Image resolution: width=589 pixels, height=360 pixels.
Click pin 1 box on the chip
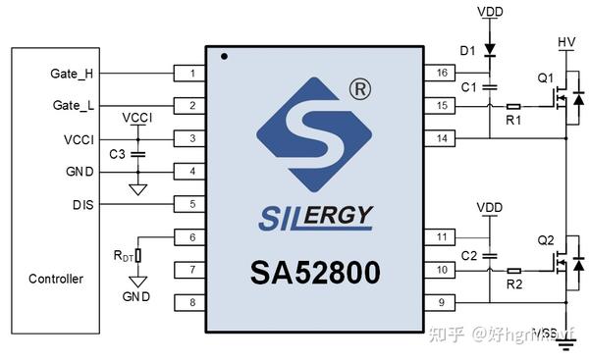(190, 74)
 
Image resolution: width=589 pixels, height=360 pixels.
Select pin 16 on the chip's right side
(439, 74)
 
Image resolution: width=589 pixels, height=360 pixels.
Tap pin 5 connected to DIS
(190, 204)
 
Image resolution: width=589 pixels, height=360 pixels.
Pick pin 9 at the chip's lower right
(439, 302)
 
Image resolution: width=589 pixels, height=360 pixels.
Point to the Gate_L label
(71, 106)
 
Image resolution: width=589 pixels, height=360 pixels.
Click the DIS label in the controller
(83, 204)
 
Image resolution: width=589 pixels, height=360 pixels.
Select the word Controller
(56, 279)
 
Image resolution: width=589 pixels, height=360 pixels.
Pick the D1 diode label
(467, 50)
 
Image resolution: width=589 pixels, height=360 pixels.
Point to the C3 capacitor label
(117, 155)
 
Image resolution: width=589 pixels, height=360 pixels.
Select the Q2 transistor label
(546, 240)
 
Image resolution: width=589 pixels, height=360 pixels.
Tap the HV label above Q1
(566, 42)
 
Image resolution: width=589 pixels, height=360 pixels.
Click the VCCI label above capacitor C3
(137, 118)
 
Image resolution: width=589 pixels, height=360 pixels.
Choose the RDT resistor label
(124, 256)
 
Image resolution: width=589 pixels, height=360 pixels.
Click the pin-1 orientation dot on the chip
(224, 56)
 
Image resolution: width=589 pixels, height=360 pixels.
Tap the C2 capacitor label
(468, 255)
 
